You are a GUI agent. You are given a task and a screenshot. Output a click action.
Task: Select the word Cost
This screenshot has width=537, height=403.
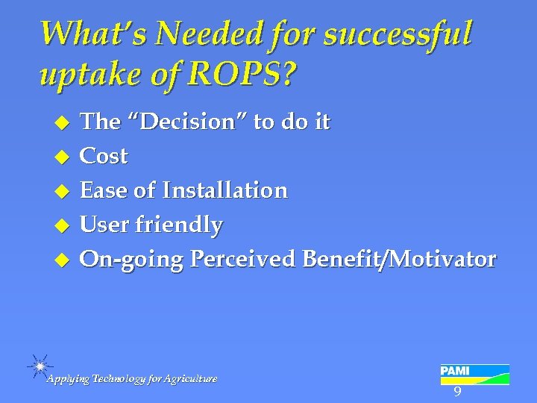104,156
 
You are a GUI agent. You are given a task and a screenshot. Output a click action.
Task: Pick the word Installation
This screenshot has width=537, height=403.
224,190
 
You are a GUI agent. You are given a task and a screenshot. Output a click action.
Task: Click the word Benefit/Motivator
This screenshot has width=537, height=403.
399,259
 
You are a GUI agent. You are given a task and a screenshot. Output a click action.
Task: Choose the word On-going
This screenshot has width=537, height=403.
131,259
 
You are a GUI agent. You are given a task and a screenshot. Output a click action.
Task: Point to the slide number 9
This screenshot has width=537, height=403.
457,393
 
